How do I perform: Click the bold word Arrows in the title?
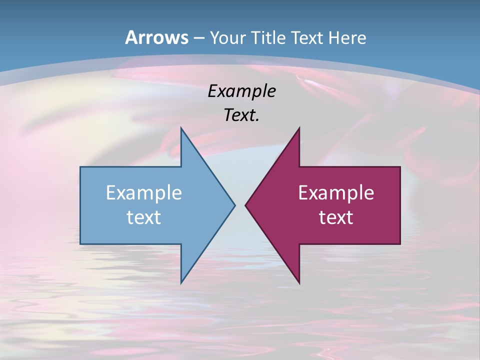157,37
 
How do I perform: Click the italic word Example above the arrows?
241,91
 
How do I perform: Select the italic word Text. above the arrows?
241,115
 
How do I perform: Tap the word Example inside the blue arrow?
144,193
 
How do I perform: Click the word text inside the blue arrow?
144,217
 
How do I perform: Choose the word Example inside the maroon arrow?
336,193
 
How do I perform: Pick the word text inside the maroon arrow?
336,217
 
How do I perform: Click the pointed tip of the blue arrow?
235,205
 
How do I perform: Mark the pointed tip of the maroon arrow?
245,205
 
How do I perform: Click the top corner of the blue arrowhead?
181,127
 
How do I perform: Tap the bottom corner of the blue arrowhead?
181,283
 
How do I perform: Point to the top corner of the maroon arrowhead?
299,127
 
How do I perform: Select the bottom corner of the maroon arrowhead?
299,283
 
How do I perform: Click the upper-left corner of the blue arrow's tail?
80,167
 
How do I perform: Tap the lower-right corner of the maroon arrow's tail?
400,244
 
